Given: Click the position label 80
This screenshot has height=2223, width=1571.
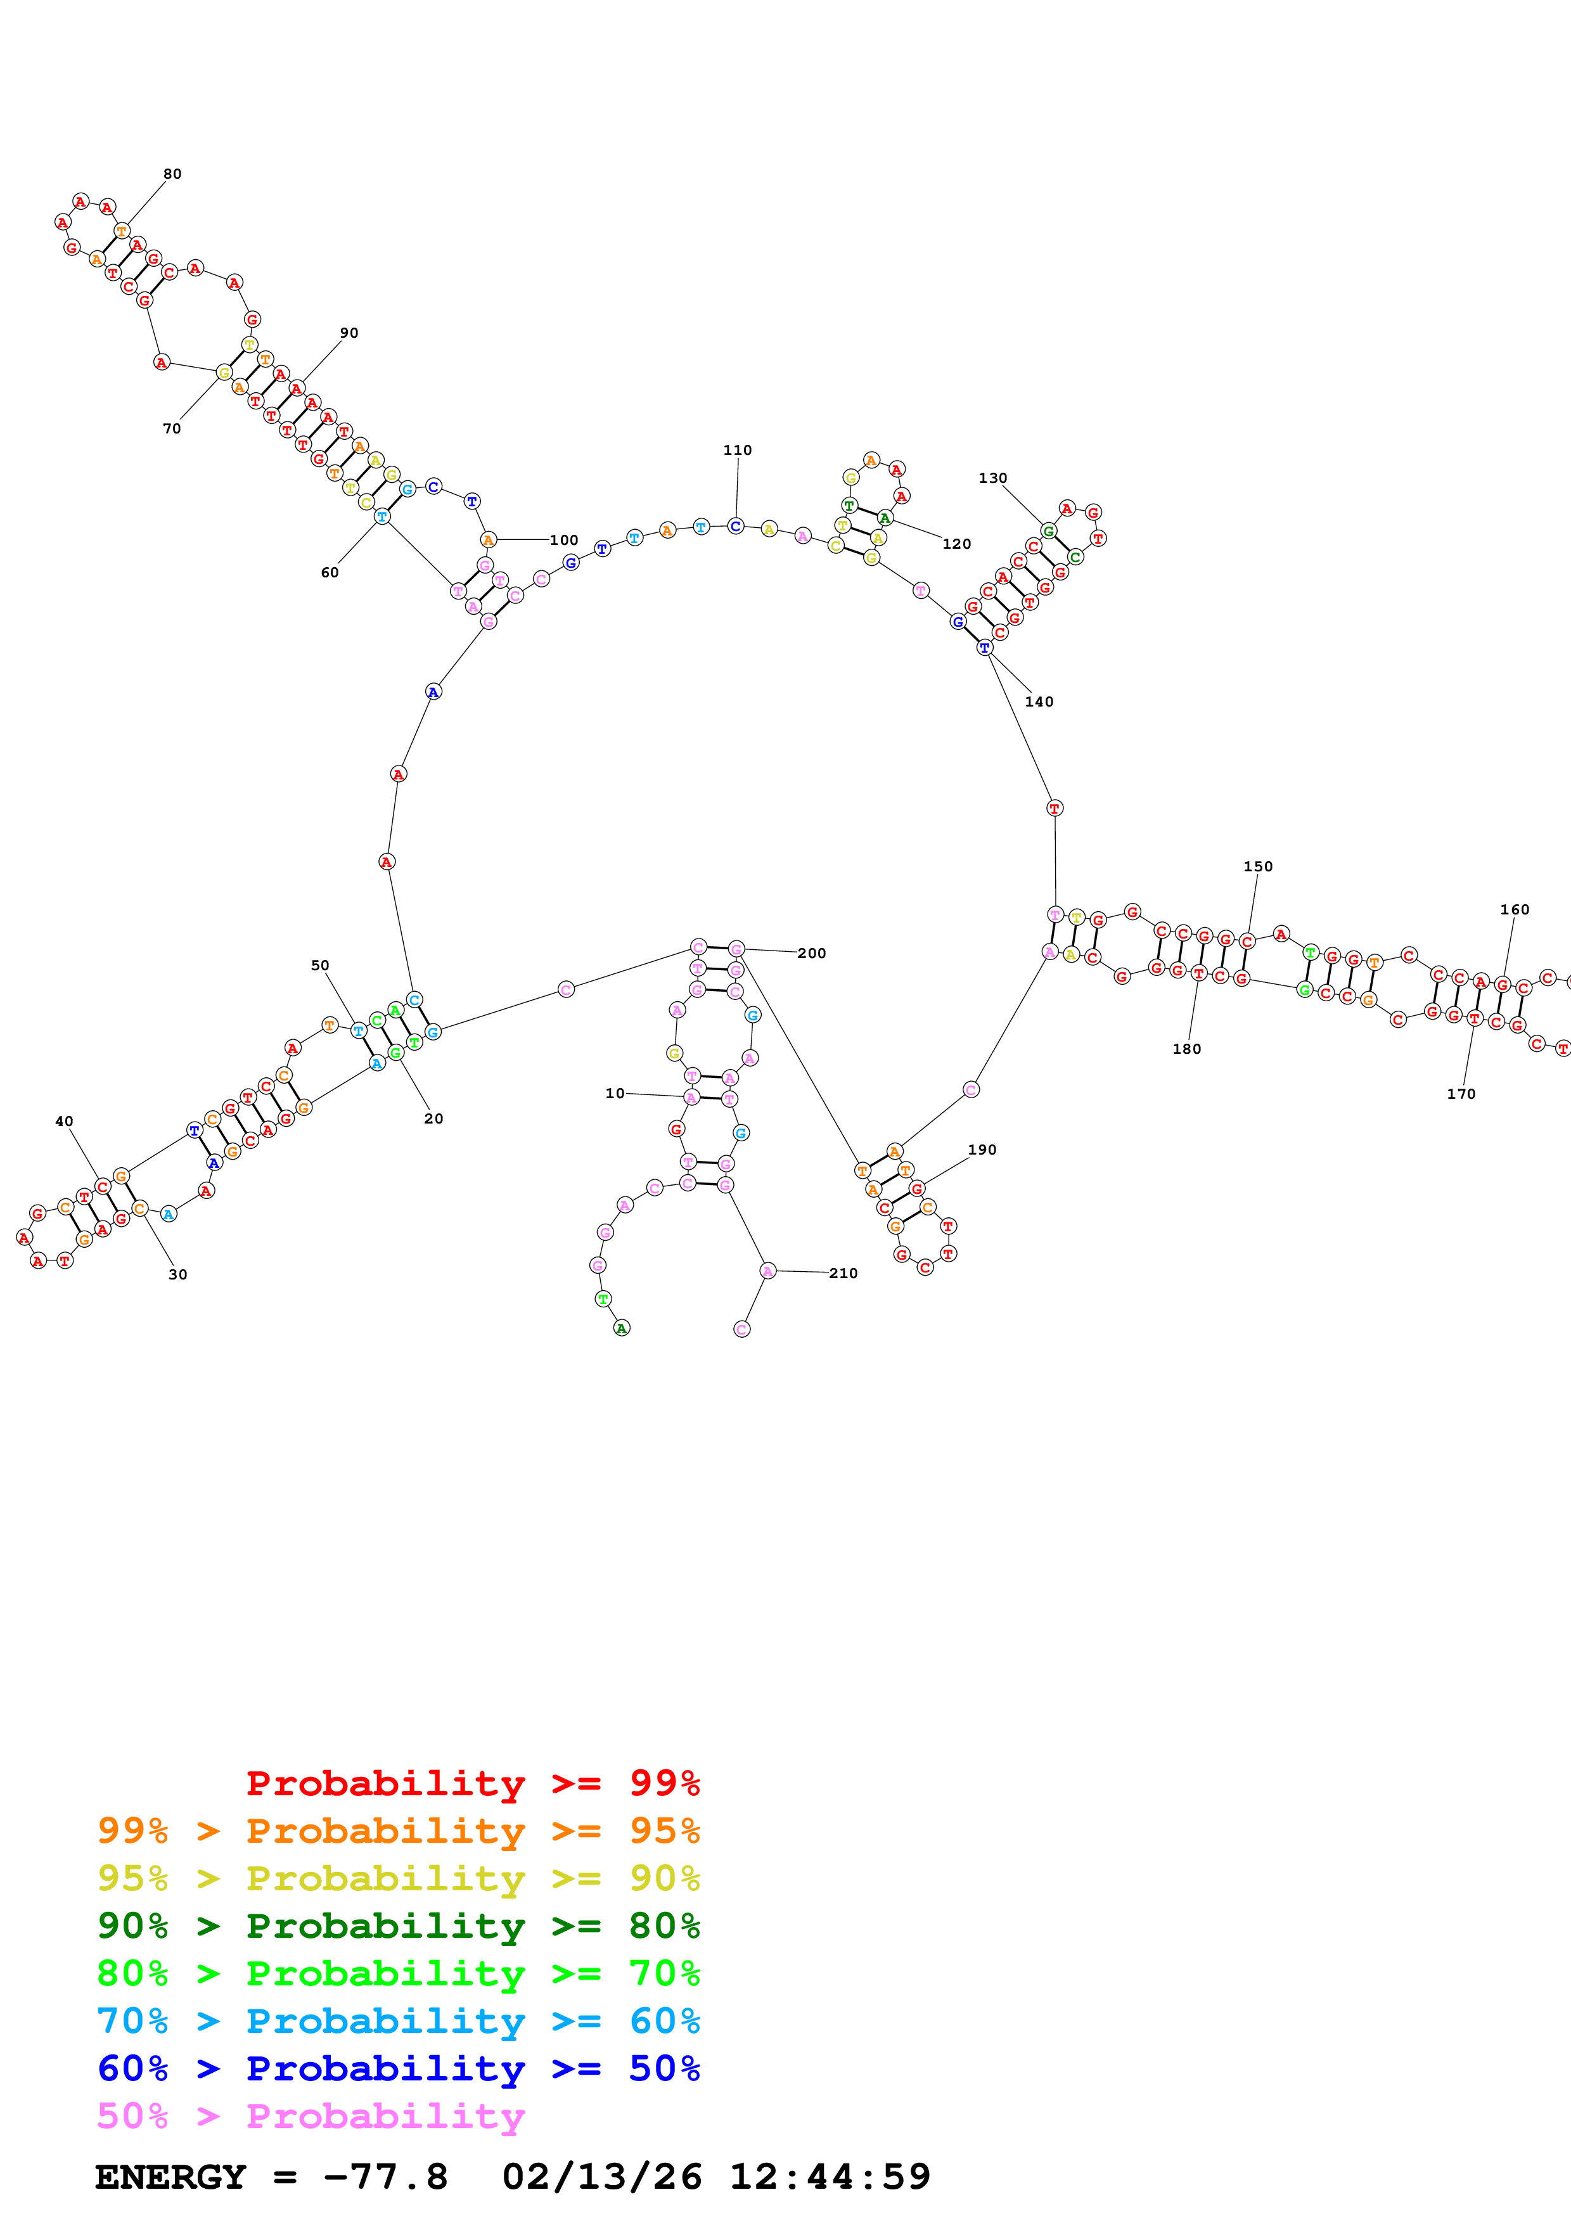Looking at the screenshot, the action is pos(172,174).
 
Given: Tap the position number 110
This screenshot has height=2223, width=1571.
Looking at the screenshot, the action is pos(738,450).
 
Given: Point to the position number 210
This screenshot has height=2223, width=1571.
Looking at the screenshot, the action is pos(843,1273).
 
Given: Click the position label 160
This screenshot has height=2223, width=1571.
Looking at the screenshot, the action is pos(1515,910).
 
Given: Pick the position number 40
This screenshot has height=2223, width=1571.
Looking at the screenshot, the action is pos(64,1121).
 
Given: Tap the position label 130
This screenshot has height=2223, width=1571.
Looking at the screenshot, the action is pos(993,478).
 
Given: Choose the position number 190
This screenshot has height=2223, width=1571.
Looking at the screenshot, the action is pos(982,1150).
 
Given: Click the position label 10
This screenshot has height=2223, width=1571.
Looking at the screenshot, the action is pos(615,1093).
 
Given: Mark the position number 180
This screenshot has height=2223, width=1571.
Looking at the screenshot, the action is pos(1187,1049).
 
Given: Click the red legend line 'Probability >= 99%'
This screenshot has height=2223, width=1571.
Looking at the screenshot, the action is pos(472,1783).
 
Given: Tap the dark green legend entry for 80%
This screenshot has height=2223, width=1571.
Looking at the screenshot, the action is pos(398,1926).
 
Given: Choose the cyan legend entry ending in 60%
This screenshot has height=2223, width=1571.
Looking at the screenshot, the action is pos(398,2021).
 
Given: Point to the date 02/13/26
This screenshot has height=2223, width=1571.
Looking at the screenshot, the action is pos(601,2177).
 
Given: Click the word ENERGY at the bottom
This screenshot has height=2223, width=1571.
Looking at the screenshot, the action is pos(170,2177).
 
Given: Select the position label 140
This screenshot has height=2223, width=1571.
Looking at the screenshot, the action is pos(1039,702).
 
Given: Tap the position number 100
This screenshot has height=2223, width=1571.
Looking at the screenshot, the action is pos(563,541).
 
